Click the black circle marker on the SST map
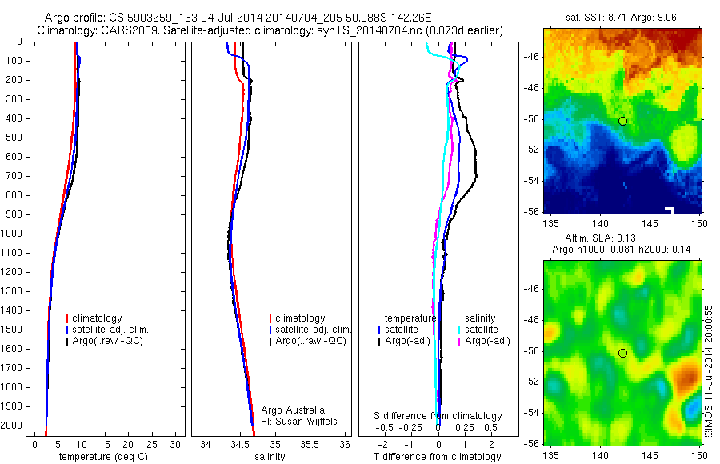coord(622,121)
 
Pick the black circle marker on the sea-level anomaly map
coord(622,353)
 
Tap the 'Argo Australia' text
coord(294,410)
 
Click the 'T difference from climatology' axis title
coord(437,457)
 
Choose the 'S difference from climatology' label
coord(438,416)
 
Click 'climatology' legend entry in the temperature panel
coord(99,318)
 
